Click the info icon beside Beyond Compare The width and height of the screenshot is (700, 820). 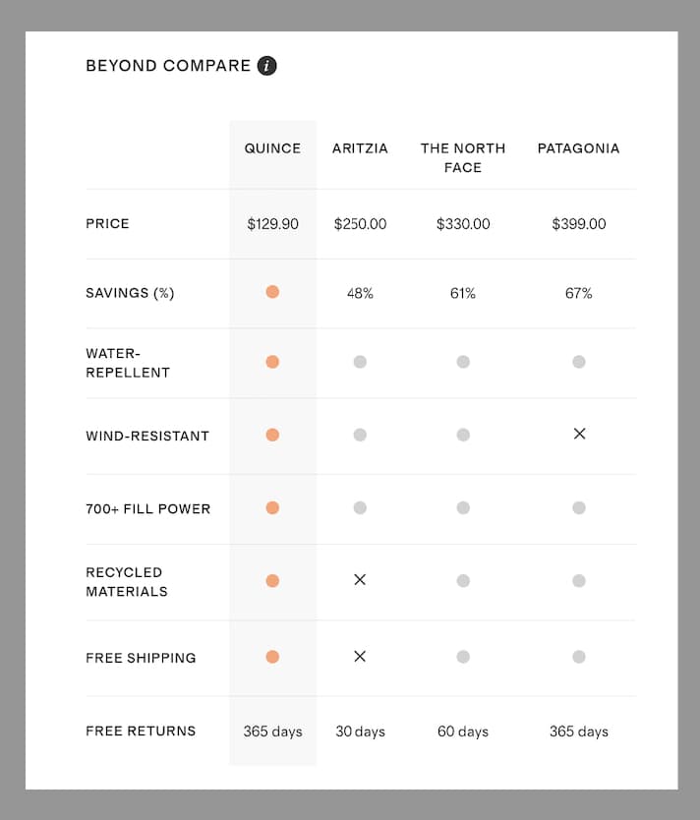click(266, 66)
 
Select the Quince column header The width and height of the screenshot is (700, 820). click(272, 148)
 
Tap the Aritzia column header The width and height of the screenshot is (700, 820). click(360, 148)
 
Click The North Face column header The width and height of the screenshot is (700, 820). click(462, 157)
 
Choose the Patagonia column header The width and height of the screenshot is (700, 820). click(578, 148)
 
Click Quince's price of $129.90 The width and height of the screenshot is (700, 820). click(272, 224)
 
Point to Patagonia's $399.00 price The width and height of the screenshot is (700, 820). click(578, 224)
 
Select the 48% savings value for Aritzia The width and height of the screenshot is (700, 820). click(360, 293)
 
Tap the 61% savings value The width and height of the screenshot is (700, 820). click(462, 293)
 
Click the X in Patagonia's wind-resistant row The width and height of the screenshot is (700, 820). click(579, 434)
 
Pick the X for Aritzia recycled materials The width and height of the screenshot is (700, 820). click(360, 580)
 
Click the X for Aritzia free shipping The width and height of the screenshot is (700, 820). click(360, 656)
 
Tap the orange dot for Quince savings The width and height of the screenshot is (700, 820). click(272, 292)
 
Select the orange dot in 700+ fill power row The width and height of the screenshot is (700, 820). click(272, 508)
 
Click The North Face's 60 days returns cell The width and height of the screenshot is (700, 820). click(462, 732)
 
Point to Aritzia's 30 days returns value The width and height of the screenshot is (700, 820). click(360, 732)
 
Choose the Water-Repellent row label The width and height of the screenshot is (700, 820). click(128, 363)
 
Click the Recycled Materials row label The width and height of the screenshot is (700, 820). click(127, 582)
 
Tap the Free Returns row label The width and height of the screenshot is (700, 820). click(141, 731)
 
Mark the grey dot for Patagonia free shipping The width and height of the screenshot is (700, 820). click(579, 657)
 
